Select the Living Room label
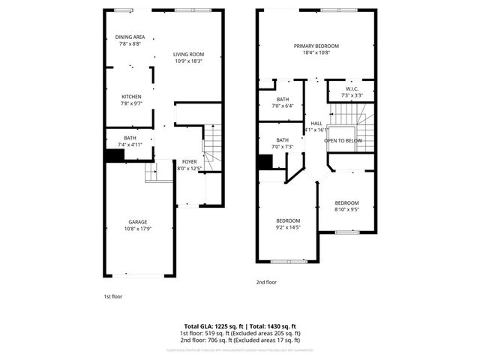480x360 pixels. pos(188,54)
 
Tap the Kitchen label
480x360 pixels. pos(132,97)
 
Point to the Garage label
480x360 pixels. pos(137,222)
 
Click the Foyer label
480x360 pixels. pos(189,162)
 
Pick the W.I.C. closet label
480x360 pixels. pos(352,88)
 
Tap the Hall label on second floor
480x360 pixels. pos(316,123)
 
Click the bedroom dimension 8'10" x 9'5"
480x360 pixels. pos(346,210)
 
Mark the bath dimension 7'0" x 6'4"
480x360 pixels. pos(283,106)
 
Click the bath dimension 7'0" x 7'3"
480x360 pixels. pos(283,146)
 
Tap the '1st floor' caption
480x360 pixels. pos(112,297)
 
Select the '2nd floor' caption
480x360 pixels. pos(266,282)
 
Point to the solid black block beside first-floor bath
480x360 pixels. pos(114,155)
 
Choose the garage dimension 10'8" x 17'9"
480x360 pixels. pos(137,229)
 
